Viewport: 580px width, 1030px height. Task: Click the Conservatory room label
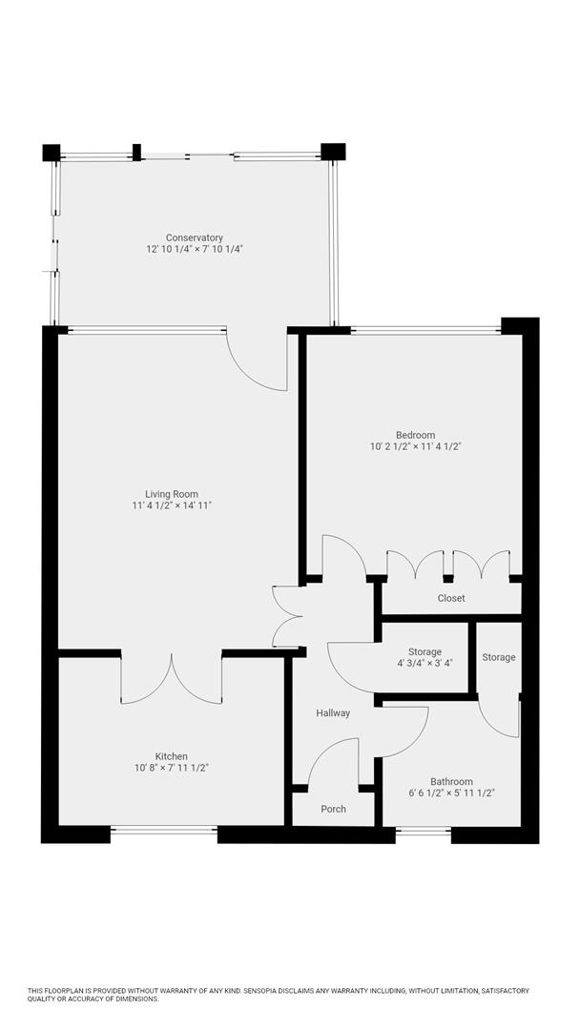pyautogui.click(x=195, y=237)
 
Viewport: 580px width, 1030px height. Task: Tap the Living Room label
pyautogui.click(x=172, y=494)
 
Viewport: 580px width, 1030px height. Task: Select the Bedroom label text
pyautogui.click(x=416, y=435)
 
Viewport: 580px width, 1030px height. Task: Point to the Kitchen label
pyautogui.click(x=172, y=756)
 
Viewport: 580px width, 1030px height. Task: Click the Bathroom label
pyautogui.click(x=451, y=781)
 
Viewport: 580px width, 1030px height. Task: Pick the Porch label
pyautogui.click(x=333, y=810)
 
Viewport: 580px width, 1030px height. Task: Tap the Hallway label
pyautogui.click(x=333, y=713)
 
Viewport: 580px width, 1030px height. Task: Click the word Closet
pyautogui.click(x=451, y=599)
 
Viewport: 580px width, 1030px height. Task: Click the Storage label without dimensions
pyautogui.click(x=498, y=657)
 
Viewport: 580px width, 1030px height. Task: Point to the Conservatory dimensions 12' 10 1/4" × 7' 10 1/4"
pyautogui.click(x=195, y=249)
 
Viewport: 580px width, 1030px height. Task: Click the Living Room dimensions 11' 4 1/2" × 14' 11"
pyautogui.click(x=172, y=505)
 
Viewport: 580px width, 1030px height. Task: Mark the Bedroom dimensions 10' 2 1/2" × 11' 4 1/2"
pyautogui.click(x=416, y=446)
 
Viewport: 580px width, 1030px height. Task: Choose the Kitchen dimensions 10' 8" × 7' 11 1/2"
pyautogui.click(x=172, y=768)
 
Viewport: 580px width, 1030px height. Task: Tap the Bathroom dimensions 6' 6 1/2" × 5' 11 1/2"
pyautogui.click(x=451, y=793)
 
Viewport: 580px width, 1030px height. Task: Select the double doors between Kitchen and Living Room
pyautogui.click(x=172, y=679)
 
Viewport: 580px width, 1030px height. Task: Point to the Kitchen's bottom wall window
pyautogui.click(x=164, y=831)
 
